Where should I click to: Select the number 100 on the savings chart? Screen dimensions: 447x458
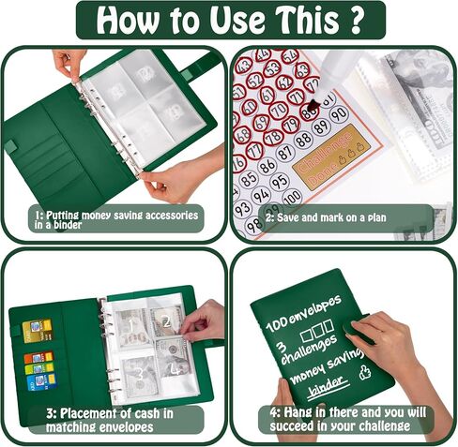coord(292,196)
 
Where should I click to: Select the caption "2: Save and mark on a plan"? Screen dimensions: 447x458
coord(325,218)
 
